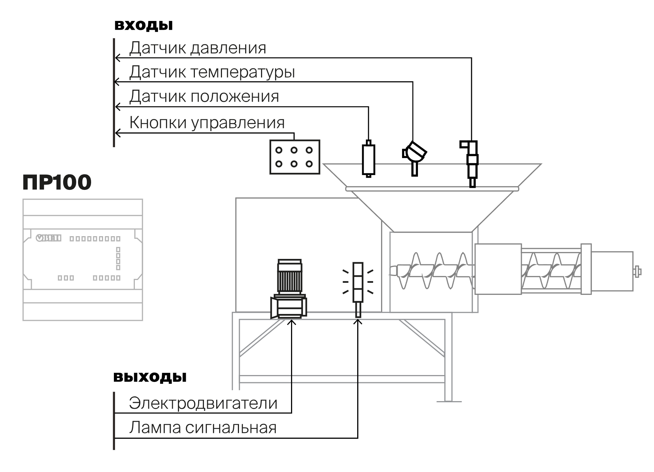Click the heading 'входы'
tap(144, 26)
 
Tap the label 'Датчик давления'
tap(198, 48)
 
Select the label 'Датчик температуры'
tap(212, 72)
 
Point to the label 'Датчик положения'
tap(204, 97)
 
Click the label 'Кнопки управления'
tap(207, 123)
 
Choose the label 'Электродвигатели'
tap(203, 403)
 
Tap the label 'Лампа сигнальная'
tap(203, 428)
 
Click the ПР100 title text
tap(57, 182)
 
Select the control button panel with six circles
tap(295, 157)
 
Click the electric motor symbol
tap(289, 289)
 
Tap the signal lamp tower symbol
tap(358, 289)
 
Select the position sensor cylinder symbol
tap(368, 159)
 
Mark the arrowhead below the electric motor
tap(291, 322)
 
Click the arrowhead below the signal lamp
tap(358, 322)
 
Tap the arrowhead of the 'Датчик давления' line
tap(117, 58)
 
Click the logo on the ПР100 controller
tap(48, 238)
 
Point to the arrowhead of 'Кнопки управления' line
tap(117, 133)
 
